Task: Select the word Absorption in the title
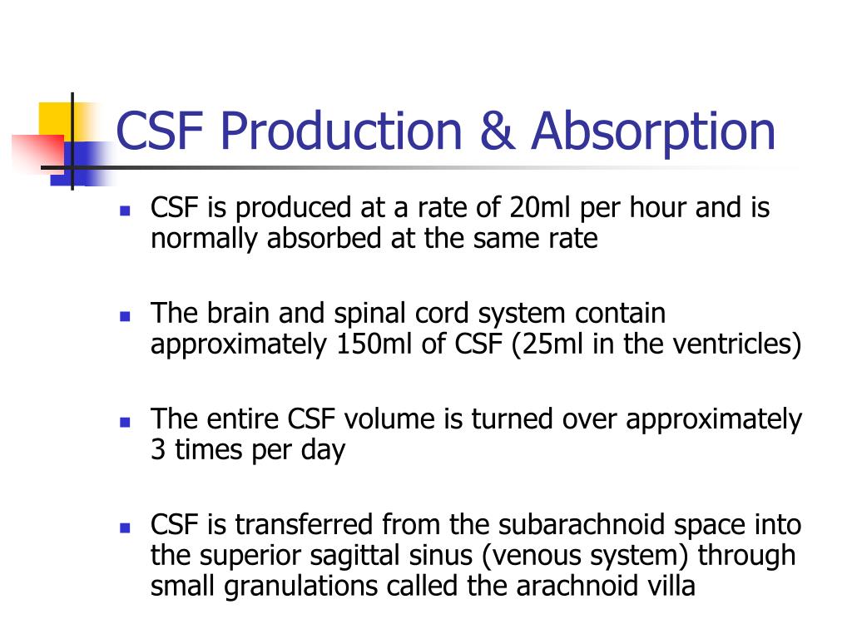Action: pyautogui.click(x=654, y=132)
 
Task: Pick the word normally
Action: pyautogui.click(x=205, y=239)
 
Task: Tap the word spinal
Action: pyautogui.click(x=381, y=315)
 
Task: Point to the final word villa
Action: pyautogui.click(x=664, y=586)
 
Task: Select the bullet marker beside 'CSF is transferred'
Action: pyautogui.click(x=125, y=528)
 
